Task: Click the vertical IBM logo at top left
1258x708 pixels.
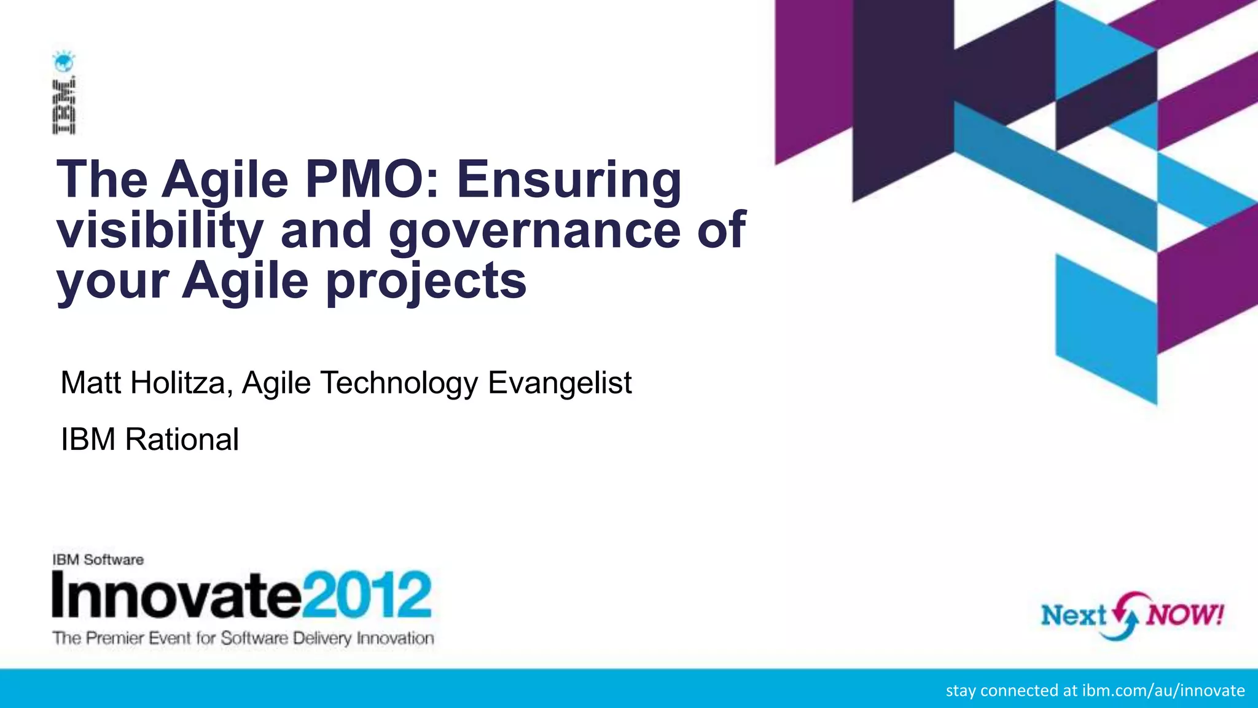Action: tap(64, 106)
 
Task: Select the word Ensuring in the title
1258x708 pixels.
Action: tap(569, 181)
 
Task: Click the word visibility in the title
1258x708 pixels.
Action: tap(160, 231)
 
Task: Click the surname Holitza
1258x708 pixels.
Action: tap(181, 383)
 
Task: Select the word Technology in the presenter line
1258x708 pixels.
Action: tap(399, 383)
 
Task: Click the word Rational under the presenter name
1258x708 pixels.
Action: tap(182, 439)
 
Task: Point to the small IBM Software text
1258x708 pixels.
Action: tap(98, 560)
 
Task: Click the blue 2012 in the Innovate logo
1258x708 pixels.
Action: tap(366, 595)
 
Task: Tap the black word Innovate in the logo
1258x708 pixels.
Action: tap(176, 595)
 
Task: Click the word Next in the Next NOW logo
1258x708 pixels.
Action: tap(1074, 615)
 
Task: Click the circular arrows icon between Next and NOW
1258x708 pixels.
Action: tap(1128, 615)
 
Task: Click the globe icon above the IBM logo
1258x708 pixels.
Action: tap(63, 61)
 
